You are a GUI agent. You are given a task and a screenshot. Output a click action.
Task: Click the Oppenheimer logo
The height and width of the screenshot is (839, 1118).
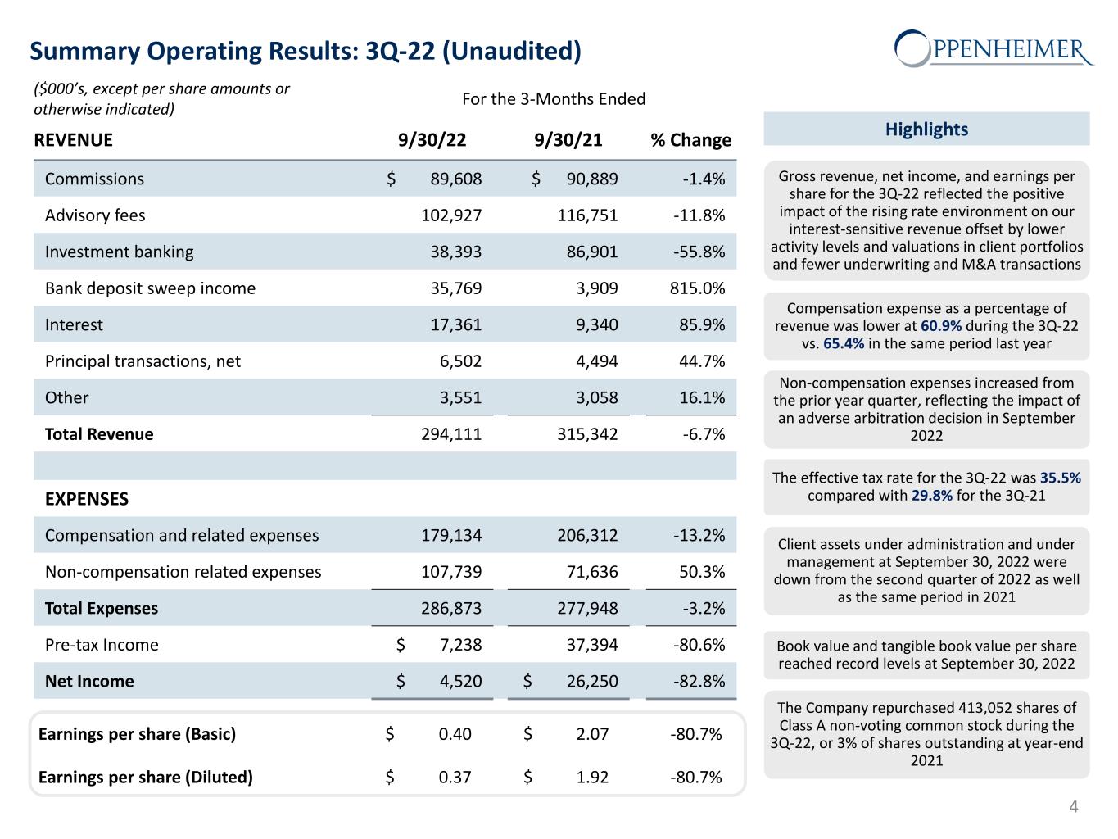994,48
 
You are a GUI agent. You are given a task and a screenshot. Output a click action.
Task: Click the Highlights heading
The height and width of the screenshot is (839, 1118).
926,129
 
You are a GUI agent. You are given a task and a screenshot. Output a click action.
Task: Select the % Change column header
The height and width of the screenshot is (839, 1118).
690,140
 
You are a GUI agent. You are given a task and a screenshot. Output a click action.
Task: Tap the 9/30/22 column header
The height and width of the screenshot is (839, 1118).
432,140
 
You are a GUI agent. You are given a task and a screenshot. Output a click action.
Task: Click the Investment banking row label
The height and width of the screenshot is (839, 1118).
120,252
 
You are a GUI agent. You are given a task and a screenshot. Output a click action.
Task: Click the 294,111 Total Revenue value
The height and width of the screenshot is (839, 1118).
451,434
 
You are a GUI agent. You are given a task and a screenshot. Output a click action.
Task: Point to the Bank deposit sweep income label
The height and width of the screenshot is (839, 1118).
150,288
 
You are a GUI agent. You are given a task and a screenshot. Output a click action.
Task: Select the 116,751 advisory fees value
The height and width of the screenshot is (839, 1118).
587,215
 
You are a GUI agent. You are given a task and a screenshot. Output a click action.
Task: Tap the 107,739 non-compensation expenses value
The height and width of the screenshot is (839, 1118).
451,572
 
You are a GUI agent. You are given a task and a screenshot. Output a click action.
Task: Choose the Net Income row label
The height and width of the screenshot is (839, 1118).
89,682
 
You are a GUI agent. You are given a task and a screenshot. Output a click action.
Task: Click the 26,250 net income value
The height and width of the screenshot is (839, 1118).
591,682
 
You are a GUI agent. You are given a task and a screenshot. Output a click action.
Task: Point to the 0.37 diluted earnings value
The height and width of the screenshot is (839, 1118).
455,777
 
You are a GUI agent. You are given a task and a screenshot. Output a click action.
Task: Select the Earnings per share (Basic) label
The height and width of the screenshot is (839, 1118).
137,734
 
